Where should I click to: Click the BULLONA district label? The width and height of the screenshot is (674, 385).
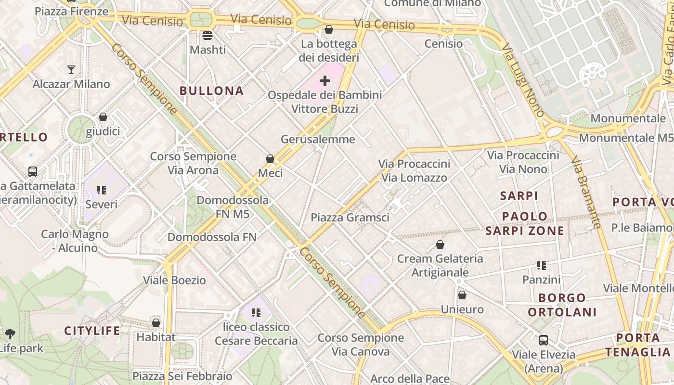(x=211, y=90)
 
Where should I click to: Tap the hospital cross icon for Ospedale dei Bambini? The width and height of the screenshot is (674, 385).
(x=325, y=81)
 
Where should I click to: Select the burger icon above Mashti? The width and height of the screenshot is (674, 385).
(x=207, y=35)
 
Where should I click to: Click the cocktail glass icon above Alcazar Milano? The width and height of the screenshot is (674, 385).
(x=71, y=70)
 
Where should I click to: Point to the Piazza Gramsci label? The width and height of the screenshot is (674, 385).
(x=350, y=217)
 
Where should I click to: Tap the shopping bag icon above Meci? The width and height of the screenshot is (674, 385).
(x=270, y=159)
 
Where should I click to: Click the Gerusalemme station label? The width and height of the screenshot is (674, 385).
(x=318, y=140)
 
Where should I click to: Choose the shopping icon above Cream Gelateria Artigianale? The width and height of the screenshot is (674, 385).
(x=440, y=244)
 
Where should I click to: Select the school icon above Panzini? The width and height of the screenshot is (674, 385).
(x=542, y=266)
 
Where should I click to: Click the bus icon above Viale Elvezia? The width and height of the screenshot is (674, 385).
(x=544, y=340)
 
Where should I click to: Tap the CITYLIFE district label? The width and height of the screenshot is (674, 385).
(x=92, y=331)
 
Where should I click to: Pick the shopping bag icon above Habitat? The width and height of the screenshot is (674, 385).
(x=156, y=323)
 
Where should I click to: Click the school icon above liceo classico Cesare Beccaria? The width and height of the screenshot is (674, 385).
(x=256, y=313)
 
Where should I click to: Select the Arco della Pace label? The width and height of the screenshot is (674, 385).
(x=410, y=379)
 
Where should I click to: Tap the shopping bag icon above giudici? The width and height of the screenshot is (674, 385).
(x=103, y=117)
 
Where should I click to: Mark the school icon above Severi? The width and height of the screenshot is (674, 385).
(x=101, y=190)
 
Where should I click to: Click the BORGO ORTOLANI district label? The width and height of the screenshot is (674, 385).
(x=562, y=305)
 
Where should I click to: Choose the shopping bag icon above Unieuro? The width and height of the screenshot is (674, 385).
(x=462, y=295)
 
